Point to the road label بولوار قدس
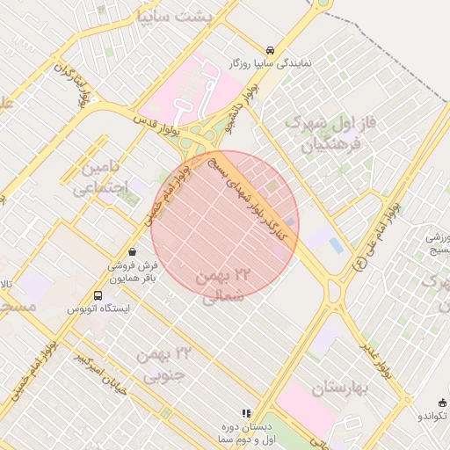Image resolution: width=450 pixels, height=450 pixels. coord(156,125)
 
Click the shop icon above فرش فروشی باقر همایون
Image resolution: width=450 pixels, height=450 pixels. coord(132,250)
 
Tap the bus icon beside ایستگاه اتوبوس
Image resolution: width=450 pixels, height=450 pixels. coord(98,296)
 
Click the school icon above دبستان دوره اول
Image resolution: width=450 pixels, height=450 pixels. coord(246,412)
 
